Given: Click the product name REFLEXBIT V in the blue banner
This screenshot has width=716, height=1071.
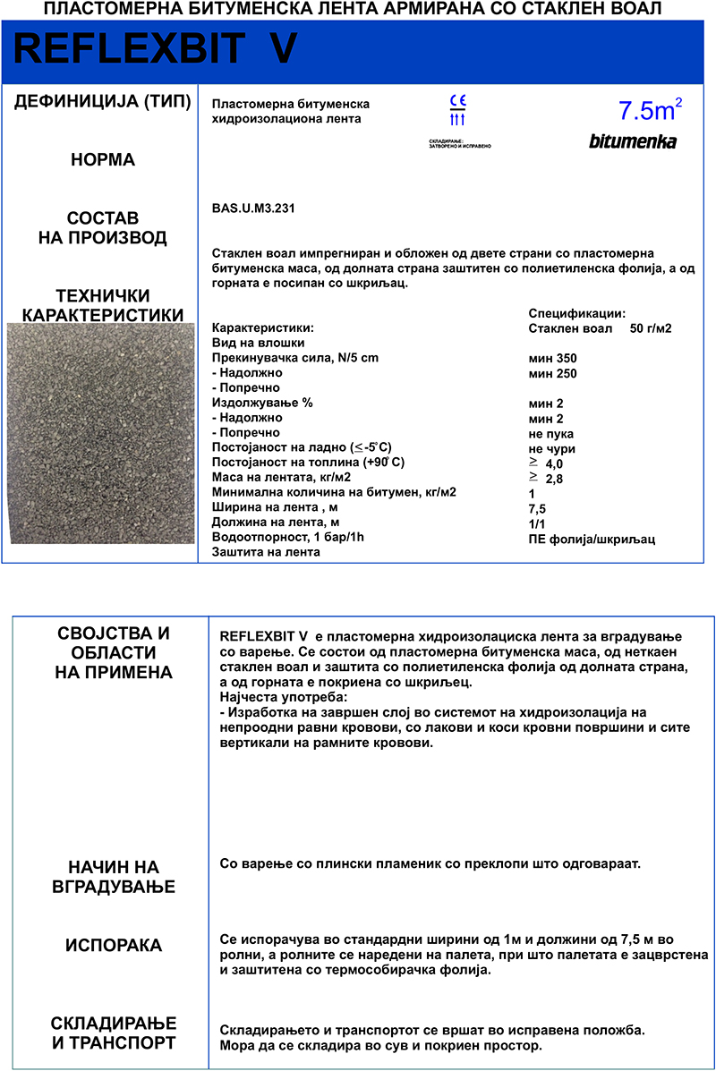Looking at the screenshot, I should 155,51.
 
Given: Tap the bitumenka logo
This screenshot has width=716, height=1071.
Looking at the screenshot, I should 632,141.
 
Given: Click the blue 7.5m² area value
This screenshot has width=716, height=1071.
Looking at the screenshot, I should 650,110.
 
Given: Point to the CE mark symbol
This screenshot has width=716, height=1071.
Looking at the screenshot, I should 457,100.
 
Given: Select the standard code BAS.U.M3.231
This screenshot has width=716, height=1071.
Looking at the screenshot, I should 253,208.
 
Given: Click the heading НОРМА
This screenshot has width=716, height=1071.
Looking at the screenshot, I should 103,160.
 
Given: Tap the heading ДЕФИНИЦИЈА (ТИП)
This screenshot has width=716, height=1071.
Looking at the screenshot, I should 103,102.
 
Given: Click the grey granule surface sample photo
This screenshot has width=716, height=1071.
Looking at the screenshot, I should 100,434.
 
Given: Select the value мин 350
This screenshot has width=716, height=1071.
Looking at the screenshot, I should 552,358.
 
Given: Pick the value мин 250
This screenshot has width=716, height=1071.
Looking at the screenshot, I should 552,373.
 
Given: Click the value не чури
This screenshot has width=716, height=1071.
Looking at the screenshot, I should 551,448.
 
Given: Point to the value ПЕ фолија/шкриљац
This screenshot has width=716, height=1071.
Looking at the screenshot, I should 592,539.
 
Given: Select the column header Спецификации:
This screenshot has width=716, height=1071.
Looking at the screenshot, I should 576,313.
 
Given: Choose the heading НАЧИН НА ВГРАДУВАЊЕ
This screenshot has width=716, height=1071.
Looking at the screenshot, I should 114,877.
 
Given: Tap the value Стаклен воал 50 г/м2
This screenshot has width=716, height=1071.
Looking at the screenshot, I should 600,328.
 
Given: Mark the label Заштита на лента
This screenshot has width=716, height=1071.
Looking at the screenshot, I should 265,552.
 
